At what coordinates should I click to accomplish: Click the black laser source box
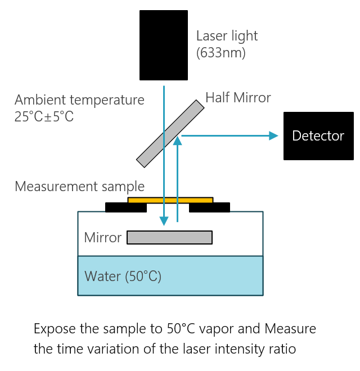tap(164, 45)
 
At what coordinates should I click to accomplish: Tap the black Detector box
tap(318, 135)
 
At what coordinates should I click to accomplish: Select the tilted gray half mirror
tap(170, 134)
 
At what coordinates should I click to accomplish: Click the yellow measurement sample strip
tap(170, 200)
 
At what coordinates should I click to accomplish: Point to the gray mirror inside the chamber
tap(169, 238)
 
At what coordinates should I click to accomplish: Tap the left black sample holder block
tap(126, 207)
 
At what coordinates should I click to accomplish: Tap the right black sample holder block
tap(209, 207)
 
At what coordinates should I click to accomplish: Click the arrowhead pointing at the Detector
tap(274, 135)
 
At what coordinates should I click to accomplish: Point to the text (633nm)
tap(221, 54)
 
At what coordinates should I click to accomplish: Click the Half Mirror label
tap(238, 98)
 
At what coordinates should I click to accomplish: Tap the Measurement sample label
tap(79, 186)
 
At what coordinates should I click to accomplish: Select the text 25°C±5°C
tap(44, 117)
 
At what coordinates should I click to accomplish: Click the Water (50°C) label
tap(123, 276)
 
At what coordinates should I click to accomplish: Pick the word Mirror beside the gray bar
tap(102, 238)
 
